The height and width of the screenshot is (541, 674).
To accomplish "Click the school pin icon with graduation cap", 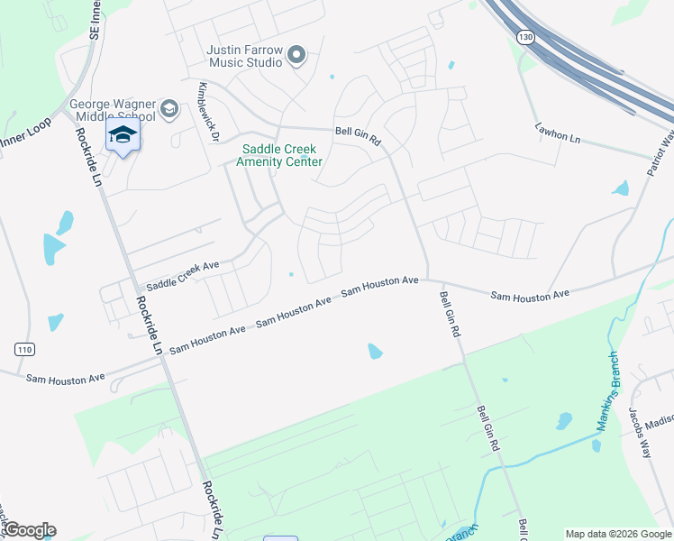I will tap(123, 136).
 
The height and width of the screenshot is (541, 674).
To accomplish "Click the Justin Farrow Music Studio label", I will tap(244, 56).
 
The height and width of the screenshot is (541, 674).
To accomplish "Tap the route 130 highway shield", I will tap(525, 37).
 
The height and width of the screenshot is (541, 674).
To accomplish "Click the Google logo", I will tap(29, 530).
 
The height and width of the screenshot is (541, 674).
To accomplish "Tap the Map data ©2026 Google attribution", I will tap(618, 534).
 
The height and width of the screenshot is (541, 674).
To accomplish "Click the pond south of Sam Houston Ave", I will tap(375, 351).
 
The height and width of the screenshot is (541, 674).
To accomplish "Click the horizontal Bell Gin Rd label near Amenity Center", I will tap(359, 136).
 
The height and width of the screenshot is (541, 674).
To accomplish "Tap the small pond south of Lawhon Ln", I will tap(620, 188).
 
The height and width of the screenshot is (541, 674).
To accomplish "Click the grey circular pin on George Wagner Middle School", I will tap(168, 110).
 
